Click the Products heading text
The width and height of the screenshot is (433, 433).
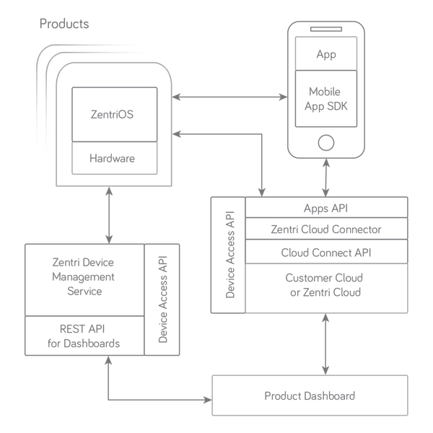[x=66, y=25]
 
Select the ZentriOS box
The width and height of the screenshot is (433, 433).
[x=113, y=114]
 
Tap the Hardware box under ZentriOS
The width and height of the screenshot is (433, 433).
[x=113, y=157]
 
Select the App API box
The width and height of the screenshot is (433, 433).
[x=326, y=209]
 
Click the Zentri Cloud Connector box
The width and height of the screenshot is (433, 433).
[x=326, y=229]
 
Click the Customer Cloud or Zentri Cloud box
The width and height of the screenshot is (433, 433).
[x=326, y=287]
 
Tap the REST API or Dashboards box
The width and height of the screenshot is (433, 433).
[x=85, y=334]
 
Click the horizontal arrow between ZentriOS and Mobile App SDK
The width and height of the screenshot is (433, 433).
[x=227, y=96]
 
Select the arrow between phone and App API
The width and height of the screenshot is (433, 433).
[x=328, y=177]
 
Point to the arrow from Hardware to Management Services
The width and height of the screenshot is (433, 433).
[x=108, y=214]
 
